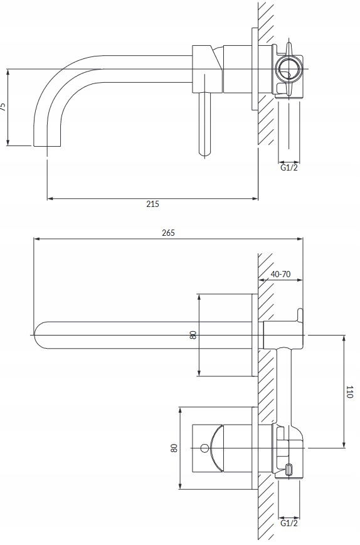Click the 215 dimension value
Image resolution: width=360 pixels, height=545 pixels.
(x=152, y=204)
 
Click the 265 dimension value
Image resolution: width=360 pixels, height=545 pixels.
(x=168, y=233)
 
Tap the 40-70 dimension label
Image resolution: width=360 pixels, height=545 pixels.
(x=280, y=274)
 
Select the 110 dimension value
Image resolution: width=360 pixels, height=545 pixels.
(x=349, y=392)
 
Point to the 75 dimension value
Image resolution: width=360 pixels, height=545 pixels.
(x=3, y=107)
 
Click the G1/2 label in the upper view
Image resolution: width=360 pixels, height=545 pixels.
(x=289, y=168)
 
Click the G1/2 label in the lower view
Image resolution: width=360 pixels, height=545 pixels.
(x=289, y=523)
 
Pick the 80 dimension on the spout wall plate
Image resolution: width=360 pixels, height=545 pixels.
(x=193, y=335)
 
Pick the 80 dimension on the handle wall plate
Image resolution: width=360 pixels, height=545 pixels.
(x=174, y=448)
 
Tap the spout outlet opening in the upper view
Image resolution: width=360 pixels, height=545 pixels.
(x=47, y=146)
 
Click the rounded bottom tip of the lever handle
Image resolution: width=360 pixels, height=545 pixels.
(x=204, y=153)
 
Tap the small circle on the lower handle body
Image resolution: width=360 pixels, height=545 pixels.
(x=204, y=448)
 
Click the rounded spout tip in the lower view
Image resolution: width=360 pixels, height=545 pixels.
(x=36, y=335)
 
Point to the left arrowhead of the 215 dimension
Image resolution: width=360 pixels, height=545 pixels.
(x=50, y=199)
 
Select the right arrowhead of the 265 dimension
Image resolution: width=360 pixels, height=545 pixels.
(x=300, y=239)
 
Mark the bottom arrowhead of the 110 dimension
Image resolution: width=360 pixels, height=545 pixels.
(x=344, y=445)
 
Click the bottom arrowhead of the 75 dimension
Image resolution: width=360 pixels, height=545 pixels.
(x=8, y=142)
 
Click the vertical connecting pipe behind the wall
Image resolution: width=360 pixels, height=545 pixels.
(x=285, y=386)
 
